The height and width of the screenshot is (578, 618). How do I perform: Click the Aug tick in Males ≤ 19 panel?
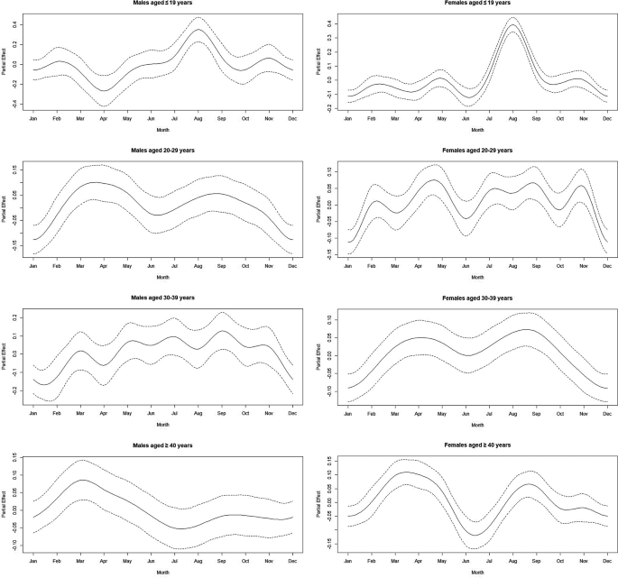pyautogui.click(x=221, y=118)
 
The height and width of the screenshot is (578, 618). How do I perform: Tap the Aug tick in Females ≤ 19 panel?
pyautogui.click(x=512, y=118)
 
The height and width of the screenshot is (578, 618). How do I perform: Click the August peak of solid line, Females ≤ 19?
pyautogui.click(x=512, y=24)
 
